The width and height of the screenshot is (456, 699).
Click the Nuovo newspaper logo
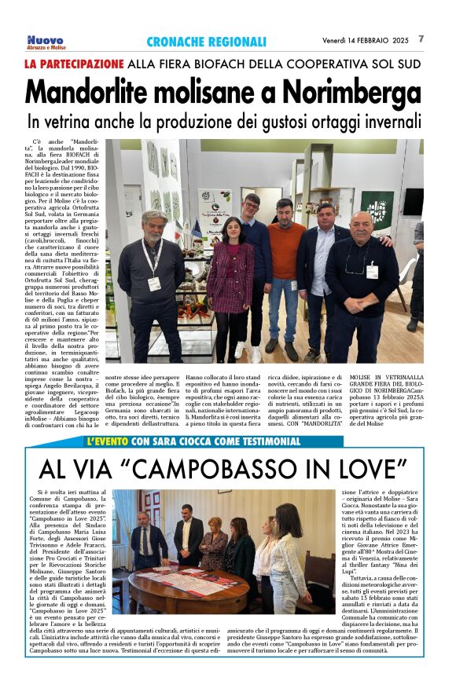tap(45, 41)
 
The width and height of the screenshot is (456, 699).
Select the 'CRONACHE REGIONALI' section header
tap(206, 42)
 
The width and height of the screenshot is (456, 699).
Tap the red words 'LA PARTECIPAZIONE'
tap(74, 63)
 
